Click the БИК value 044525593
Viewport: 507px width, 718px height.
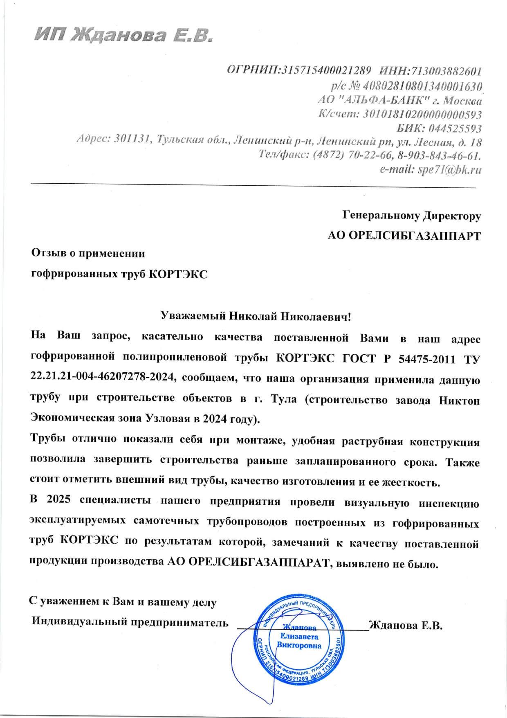click(455, 128)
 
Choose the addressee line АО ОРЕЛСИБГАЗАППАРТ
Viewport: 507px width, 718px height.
click(404, 236)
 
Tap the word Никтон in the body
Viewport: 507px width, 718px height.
click(459, 399)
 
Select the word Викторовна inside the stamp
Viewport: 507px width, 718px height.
click(299, 646)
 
